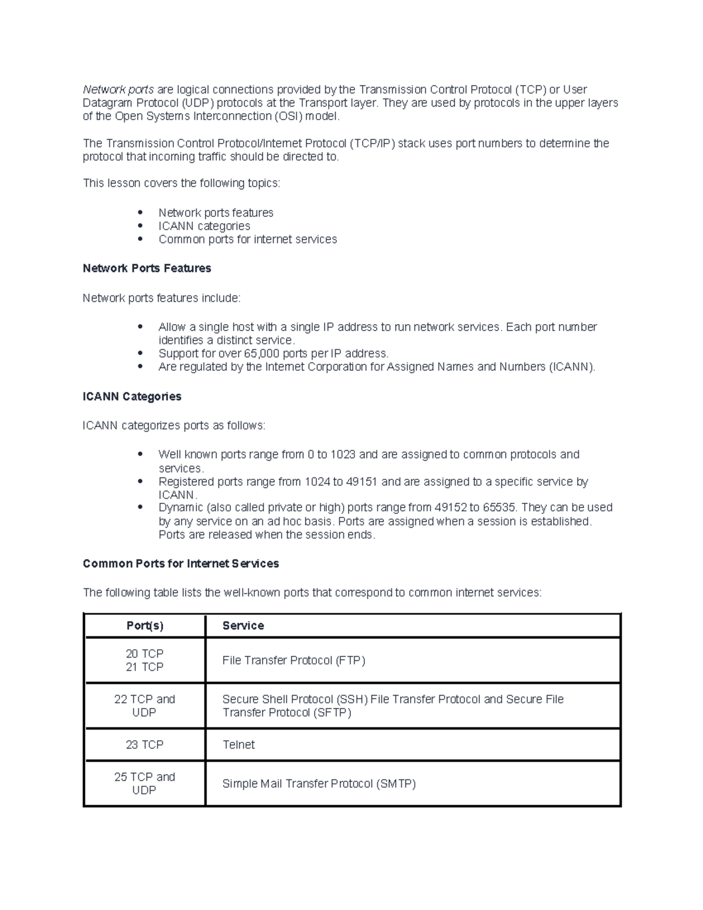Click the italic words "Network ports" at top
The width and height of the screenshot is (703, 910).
click(x=118, y=90)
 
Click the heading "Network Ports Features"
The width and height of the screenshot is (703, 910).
click(x=146, y=268)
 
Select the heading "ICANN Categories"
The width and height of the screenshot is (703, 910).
click(x=132, y=397)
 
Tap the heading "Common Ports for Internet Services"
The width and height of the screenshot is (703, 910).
click(x=180, y=564)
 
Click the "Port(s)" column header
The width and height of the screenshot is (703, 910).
click(x=145, y=626)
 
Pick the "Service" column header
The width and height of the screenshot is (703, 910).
click(x=243, y=626)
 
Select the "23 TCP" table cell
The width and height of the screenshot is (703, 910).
click(x=145, y=745)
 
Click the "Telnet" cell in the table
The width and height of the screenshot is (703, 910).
click(x=238, y=745)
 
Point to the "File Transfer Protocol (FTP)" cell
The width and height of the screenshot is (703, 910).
click(x=294, y=660)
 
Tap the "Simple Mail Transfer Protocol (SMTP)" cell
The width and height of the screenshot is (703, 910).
click(x=319, y=784)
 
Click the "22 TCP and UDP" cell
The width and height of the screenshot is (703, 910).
click(x=145, y=705)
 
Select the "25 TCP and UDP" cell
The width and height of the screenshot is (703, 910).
click(x=145, y=783)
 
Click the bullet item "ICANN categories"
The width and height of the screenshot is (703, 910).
click(x=204, y=226)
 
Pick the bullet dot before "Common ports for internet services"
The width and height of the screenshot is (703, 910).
click(x=140, y=239)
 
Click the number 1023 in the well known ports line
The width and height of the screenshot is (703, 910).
click(x=343, y=455)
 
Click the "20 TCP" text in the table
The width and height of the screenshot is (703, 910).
click(x=145, y=653)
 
